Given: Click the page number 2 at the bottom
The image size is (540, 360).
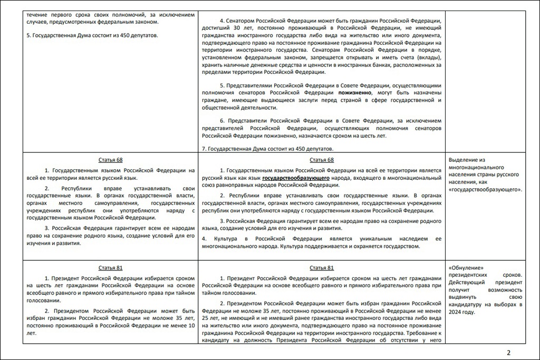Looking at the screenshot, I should [508, 353].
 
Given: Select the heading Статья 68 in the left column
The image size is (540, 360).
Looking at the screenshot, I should [110, 160].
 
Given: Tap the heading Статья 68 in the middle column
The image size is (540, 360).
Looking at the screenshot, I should [322, 160].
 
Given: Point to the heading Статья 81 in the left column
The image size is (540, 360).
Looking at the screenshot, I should [110, 268].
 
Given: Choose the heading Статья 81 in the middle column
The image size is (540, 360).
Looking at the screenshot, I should [322, 268].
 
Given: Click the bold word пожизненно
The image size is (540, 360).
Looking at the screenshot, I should [355, 92].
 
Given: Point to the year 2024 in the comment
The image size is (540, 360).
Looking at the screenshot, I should [456, 312].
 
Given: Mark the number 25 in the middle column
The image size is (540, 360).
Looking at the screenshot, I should [206, 318].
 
